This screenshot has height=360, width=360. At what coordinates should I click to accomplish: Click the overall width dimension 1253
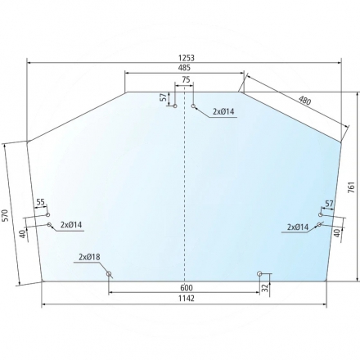(x=187, y=58)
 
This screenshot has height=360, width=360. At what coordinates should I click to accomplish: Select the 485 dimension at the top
(x=185, y=68)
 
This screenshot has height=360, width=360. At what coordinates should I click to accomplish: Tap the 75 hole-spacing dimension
(x=186, y=79)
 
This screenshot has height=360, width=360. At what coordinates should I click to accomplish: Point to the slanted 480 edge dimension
(x=304, y=101)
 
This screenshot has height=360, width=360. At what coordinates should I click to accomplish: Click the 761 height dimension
(x=352, y=187)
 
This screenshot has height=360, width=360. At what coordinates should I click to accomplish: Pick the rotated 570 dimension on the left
(x=5, y=215)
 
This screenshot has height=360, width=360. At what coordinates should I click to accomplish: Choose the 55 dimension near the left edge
(x=40, y=202)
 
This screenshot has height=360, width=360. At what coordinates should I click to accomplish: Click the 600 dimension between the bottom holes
(x=187, y=288)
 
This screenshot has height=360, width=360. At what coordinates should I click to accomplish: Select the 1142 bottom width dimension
(x=187, y=299)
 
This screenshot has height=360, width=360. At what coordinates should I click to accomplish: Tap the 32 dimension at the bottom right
(x=265, y=288)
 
